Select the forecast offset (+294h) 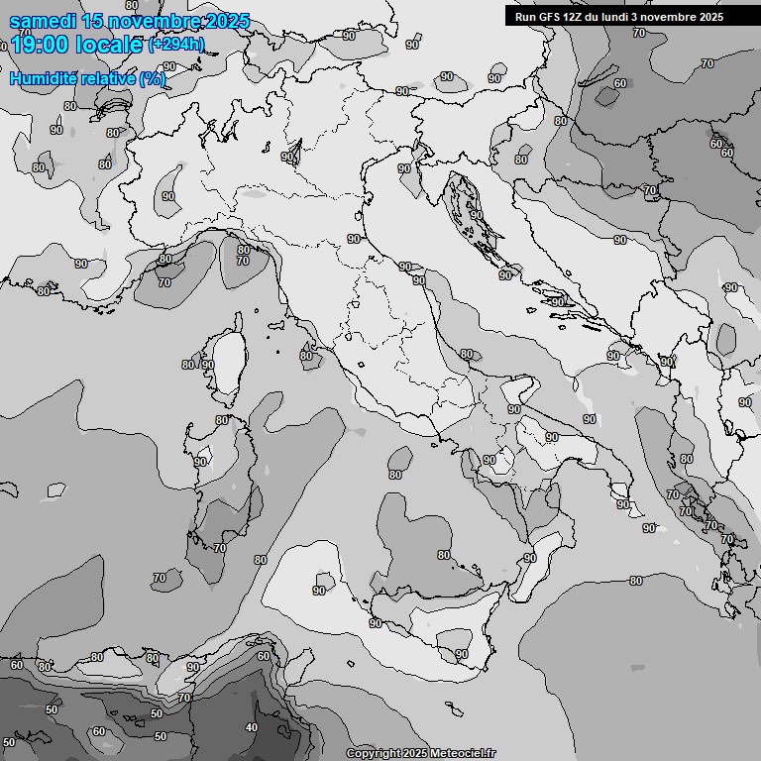(x=176, y=45)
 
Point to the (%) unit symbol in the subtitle (x=153, y=78)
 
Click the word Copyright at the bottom (x=375, y=754)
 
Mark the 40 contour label (x=252, y=727)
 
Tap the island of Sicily (x=436, y=619)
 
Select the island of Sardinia (x=223, y=486)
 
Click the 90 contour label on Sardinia (x=200, y=462)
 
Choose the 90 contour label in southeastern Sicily (x=462, y=654)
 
